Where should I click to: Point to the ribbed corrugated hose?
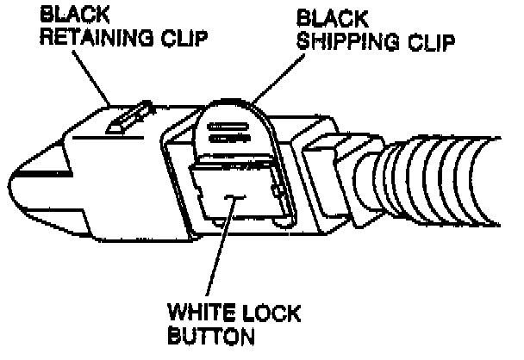coord(448,182)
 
